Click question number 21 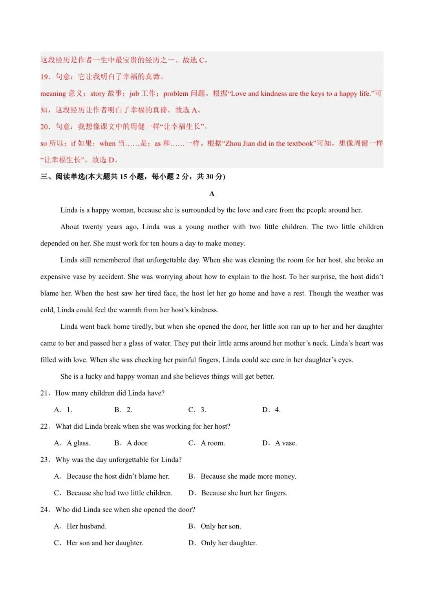pos(44,393)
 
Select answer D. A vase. pos(280,443)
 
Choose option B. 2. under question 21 pos(123,410)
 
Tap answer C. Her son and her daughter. pos(99,543)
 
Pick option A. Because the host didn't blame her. pos(112,476)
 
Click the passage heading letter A pos(212,193)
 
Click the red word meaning pos(53,94)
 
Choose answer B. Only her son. pos(215,526)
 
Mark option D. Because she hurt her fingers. pos(238,493)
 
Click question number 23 pos(44,460)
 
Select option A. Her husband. pos(80,526)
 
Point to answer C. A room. pos(207,443)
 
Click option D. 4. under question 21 pos(271,410)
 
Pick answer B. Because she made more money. pos(242,476)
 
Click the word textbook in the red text pos(300,144)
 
